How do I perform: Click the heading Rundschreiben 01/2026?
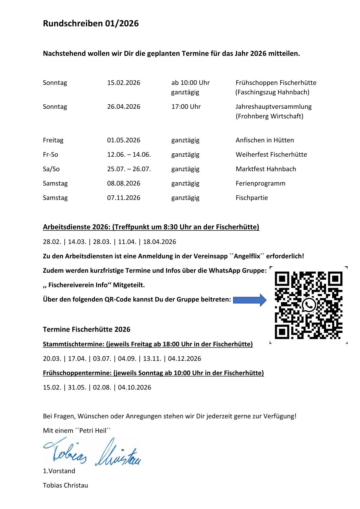coord(91,24)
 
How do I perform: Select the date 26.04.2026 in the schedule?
coord(123,107)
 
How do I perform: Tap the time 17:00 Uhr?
coord(186,107)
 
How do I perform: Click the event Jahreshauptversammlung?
coord(273,107)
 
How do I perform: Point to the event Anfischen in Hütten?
coord(265,140)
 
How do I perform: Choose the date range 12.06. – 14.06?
coord(129,155)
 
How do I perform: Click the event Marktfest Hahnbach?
coord(266,169)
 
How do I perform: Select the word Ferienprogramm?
coord(260,183)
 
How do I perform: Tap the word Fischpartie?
coord(252,198)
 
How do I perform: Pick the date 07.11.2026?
coord(123,198)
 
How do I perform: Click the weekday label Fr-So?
coord(51,155)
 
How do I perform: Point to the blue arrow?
coord(250,300)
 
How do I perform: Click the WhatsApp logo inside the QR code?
coord(309,305)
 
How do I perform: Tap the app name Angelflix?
coord(247,256)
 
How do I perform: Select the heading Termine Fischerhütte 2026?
coord(87,329)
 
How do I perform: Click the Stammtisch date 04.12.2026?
coord(185,359)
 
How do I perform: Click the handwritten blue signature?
coord(92,452)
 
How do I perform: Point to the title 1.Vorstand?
coord(59,471)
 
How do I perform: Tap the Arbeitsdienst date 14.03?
coord(77,242)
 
